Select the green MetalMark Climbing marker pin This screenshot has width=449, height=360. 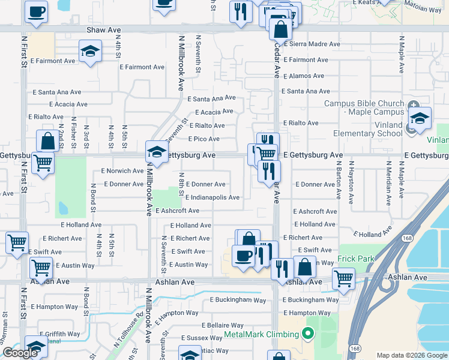[x=309, y=334]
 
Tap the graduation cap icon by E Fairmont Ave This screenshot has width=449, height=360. [x=90, y=51]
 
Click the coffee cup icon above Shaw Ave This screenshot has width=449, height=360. [x=36, y=11]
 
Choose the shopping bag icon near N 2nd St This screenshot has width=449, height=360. [x=47, y=142]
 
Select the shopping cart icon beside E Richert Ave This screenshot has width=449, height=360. [x=17, y=243]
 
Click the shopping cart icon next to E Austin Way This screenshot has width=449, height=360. [x=41, y=267]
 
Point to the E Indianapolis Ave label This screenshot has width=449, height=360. [x=212, y=197]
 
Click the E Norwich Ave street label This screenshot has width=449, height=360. [x=122, y=171]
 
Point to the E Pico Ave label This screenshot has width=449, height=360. [x=203, y=139]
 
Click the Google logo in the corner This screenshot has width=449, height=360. [x=20, y=353]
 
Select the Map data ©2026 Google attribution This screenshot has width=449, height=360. [x=411, y=355]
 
